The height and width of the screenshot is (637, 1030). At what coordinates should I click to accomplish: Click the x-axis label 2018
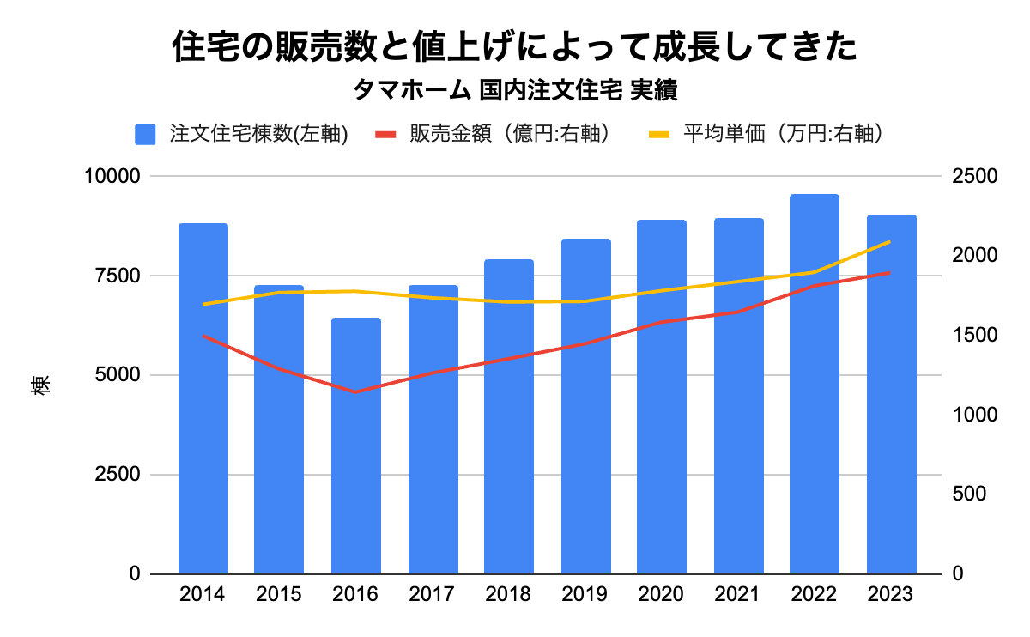pyautogui.click(x=508, y=595)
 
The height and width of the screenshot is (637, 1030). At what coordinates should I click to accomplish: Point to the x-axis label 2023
pyautogui.click(x=891, y=595)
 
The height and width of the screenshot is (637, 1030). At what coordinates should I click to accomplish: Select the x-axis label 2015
pyautogui.click(x=279, y=595)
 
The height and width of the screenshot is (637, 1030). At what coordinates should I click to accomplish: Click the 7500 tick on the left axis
pyautogui.click(x=116, y=276)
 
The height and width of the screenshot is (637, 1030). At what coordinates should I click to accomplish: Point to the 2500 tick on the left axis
pyautogui.click(x=116, y=475)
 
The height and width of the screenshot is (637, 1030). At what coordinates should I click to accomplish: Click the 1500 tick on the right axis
pyautogui.click(x=975, y=336)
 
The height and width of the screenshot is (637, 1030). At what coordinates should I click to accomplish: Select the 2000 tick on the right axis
pyautogui.click(x=975, y=256)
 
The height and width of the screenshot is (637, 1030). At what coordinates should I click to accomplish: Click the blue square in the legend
pyautogui.click(x=145, y=135)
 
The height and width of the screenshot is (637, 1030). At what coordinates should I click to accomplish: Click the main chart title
pyautogui.click(x=515, y=47)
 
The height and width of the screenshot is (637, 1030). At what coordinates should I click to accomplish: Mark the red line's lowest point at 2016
pyautogui.click(x=355, y=392)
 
